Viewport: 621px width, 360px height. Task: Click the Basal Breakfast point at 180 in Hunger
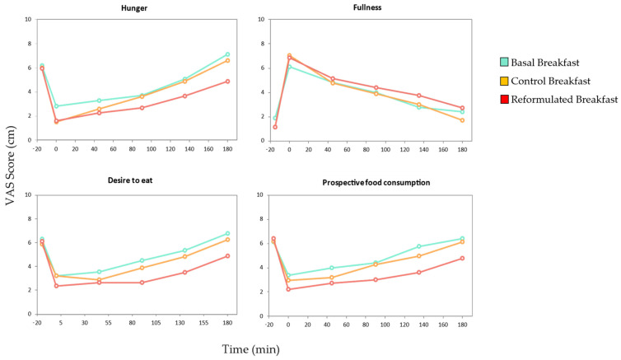pos(226,54)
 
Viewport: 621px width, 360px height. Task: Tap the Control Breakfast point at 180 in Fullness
pos(462,120)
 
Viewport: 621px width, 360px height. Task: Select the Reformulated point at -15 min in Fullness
pos(275,127)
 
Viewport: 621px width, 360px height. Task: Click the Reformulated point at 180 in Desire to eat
pos(226,256)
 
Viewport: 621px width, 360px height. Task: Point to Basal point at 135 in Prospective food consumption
pos(418,246)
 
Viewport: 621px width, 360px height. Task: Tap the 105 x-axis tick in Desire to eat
pos(156,325)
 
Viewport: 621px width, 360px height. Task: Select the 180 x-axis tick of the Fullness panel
pos(462,149)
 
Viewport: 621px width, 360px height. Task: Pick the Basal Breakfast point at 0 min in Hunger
pos(56,106)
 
